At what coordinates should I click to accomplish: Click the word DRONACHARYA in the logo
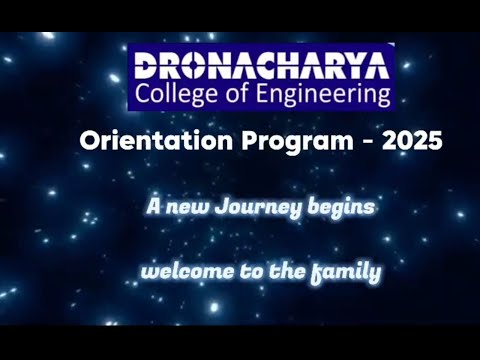click(262, 67)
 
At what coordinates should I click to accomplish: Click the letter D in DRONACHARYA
click(145, 67)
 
